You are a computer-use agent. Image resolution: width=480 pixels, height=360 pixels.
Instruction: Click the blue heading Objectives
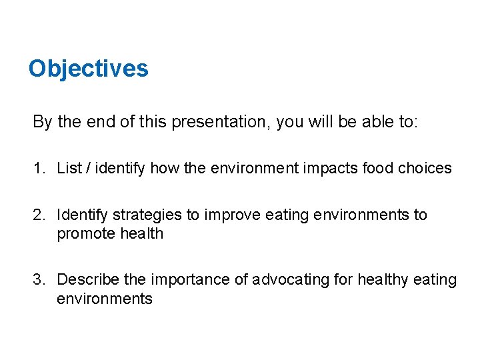[88, 69]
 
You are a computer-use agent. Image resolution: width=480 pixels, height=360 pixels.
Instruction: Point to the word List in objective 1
[69, 168]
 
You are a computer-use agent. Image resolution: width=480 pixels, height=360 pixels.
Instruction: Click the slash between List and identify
[88, 168]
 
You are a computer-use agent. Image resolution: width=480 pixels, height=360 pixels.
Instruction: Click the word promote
[83, 233]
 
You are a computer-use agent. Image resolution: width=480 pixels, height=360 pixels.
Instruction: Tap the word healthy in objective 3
[383, 280]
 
